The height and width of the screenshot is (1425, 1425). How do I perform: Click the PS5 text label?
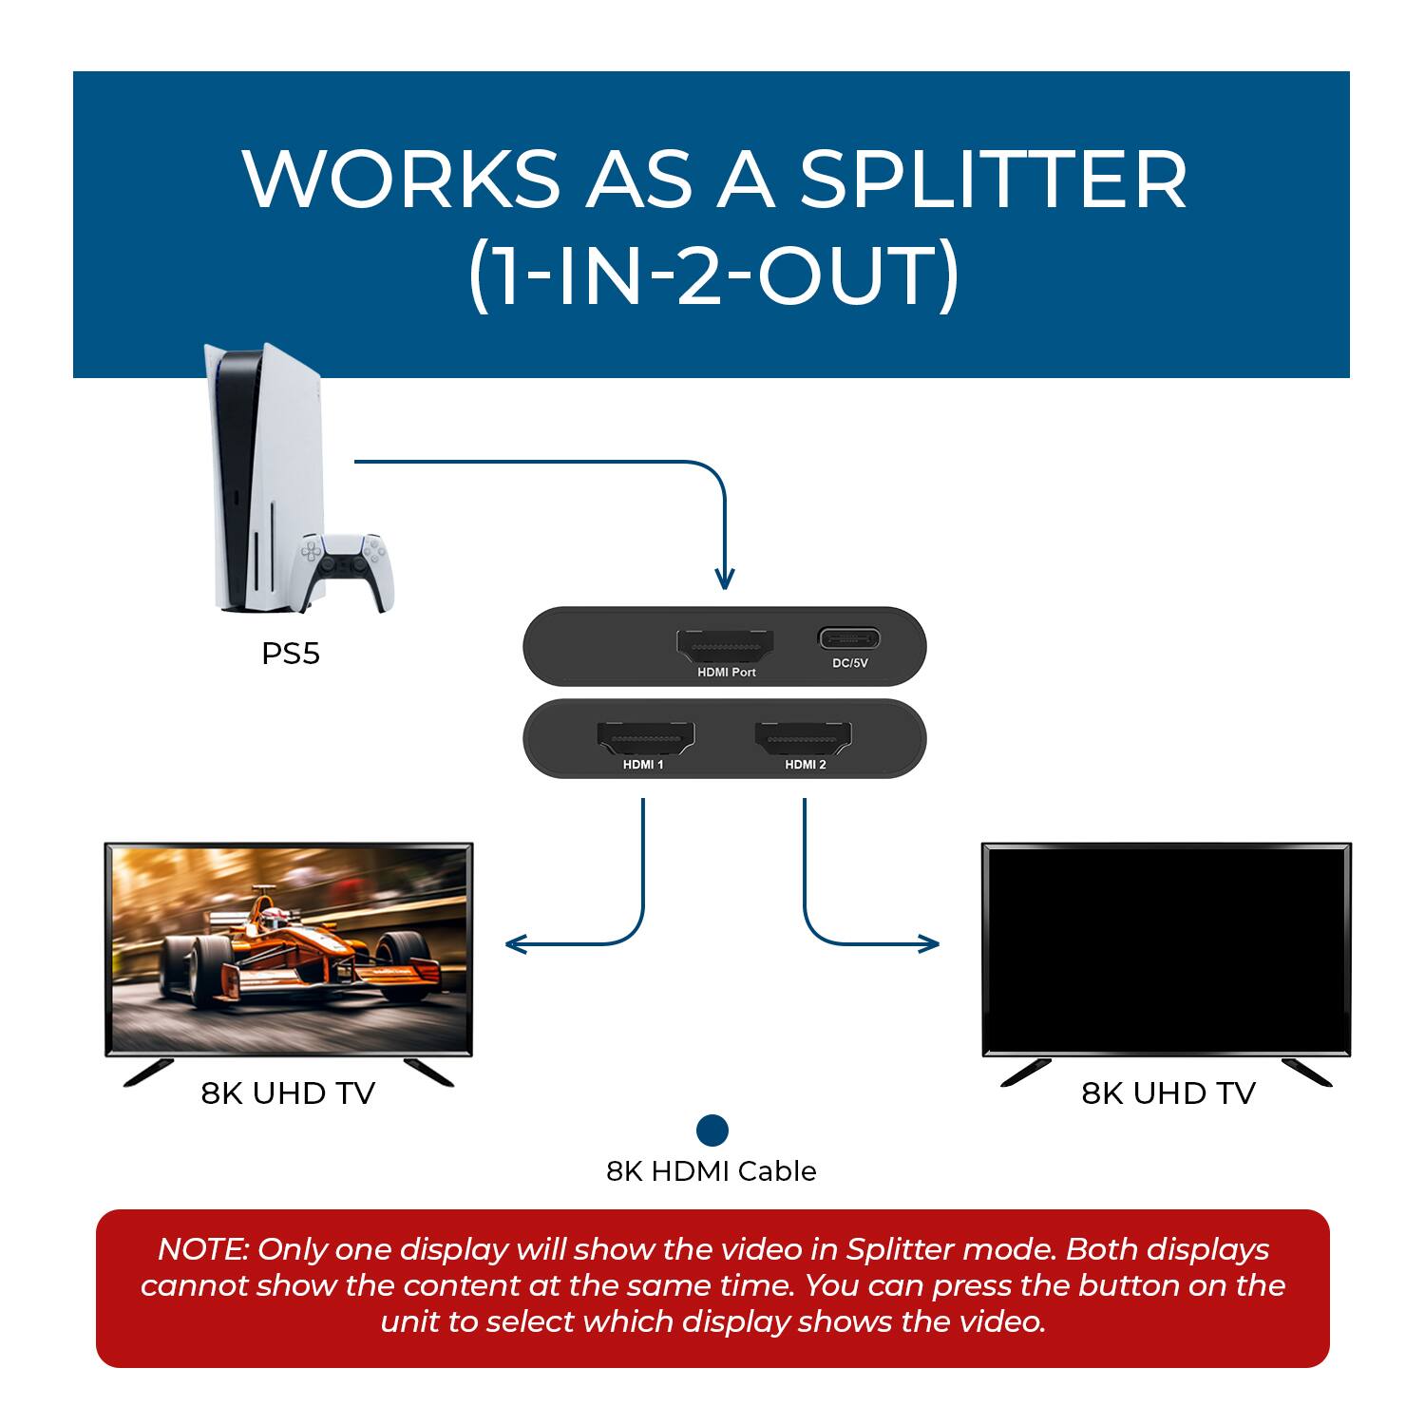pyautogui.click(x=291, y=654)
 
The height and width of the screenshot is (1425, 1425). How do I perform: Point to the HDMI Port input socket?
pyautogui.click(x=725, y=647)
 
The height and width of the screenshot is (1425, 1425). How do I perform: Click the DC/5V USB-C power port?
pyautogui.click(x=849, y=637)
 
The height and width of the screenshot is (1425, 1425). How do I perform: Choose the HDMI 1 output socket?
pyautogui.click(x=645, y=739)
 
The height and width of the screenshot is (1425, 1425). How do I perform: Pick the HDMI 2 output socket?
pyautogui.click(x=804, y=739)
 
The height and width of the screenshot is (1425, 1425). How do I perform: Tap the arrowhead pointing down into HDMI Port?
pyautogui.click(x=725, y=578)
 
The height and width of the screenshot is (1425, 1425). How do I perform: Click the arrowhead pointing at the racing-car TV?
pyautogui.click(x=516, y=943)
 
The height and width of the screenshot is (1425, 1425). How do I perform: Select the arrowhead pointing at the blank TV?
pyautogui.click(x=928, y=943)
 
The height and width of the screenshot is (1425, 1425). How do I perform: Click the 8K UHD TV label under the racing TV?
pyautogui.click(x=288, y=1093)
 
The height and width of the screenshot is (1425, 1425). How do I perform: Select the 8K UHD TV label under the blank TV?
pyautogui.click(x=1168, y=1093)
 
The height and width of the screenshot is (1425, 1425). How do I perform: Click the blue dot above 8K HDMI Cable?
pyautogui.click(x=712, y=1130)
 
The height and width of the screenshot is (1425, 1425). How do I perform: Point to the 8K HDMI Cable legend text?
pyautogui.click(x=712, y=1171)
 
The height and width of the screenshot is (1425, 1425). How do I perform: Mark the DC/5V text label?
pyautogui.click(x=850, y=663)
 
